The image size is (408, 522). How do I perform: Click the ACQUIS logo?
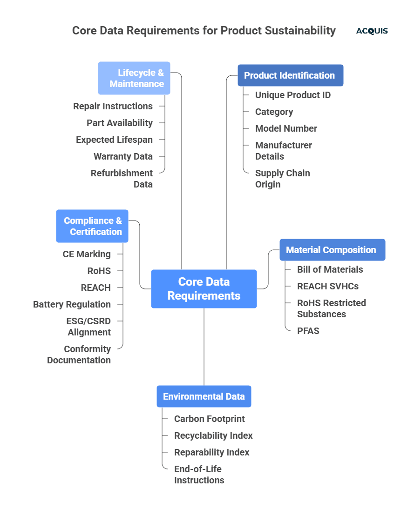(372, 31)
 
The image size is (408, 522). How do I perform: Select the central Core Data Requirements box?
(204, 289)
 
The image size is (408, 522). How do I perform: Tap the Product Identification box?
(290, 75)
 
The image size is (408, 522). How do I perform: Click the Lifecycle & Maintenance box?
(134, 78)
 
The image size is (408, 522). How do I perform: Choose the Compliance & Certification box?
(92, 226)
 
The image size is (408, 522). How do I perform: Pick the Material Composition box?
(332, 250)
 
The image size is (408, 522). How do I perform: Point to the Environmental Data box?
(204, 396)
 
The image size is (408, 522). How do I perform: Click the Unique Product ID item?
(292, 95)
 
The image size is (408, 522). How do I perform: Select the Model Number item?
(286, 128)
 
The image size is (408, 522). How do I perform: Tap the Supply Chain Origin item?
(282, 179)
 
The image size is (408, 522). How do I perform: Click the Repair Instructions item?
(113, 106)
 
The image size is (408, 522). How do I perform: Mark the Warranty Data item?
(123, 156)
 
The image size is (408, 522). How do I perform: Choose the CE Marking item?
(87, 254)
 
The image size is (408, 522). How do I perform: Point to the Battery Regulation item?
(72, 304)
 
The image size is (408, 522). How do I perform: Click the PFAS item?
(308, 331)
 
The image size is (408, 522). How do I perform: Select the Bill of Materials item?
(330, 269)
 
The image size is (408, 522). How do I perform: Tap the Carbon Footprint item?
(209, 419)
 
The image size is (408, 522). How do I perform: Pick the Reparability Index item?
(211, 452)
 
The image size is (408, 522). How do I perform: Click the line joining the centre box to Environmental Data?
(204, 347)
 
